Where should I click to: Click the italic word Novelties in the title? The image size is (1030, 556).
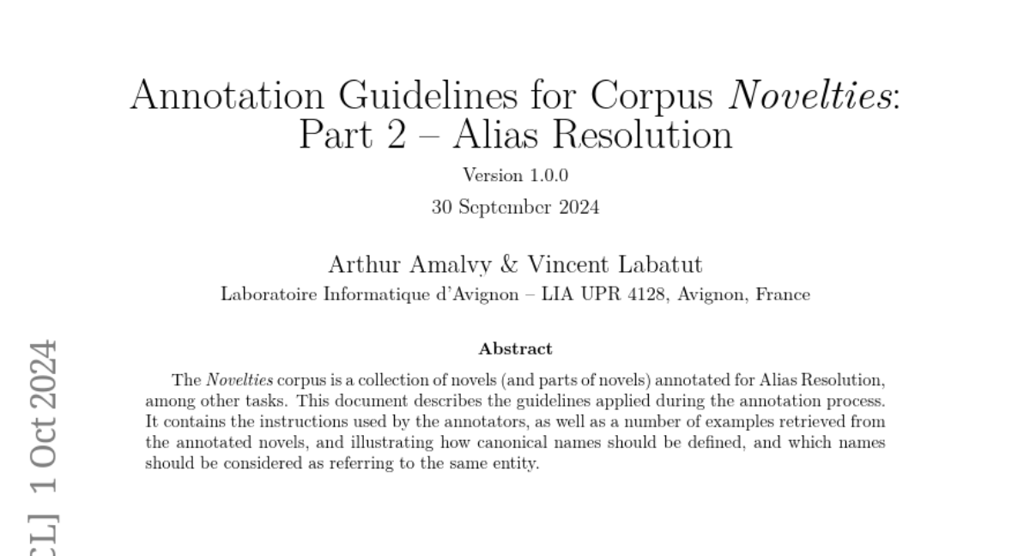click(x=810, y=95)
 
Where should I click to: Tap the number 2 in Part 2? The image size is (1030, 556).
click(x=395, y=135)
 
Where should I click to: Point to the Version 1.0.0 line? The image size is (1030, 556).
click(x=515, y=176)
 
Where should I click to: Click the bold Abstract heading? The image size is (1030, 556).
click(x=515, y=349)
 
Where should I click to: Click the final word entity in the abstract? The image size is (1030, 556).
click(x=518, y=465)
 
